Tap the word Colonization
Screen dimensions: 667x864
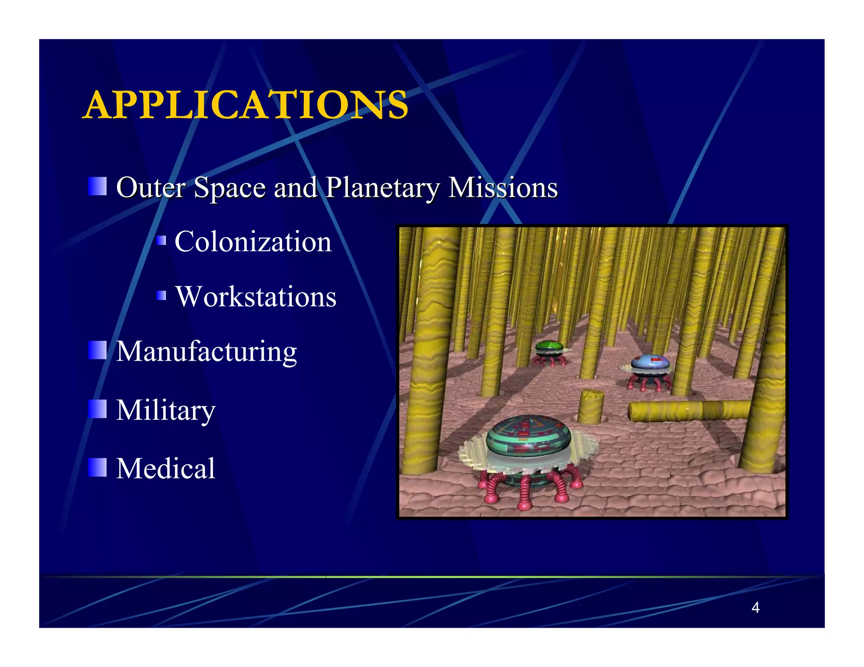click(253, 242)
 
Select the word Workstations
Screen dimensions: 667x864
click(256, 297)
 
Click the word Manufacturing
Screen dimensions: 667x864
click(206, 352)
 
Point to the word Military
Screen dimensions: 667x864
click(166, 410)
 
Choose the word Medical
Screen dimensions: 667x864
click(166, 468)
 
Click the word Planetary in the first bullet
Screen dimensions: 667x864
click(382, 188)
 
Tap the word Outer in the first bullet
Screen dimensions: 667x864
click(151, 188)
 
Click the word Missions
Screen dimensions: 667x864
click(503, 188)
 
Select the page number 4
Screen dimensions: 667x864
click(755, 608)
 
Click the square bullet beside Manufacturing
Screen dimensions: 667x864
click(97, 350)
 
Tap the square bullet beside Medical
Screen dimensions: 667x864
click(97, 468)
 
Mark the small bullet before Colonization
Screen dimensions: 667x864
click(161, 241)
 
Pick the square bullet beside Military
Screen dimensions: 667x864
click(97, 409)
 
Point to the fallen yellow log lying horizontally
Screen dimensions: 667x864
click(688, 410)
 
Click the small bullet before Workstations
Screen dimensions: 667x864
click(161, 296)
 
